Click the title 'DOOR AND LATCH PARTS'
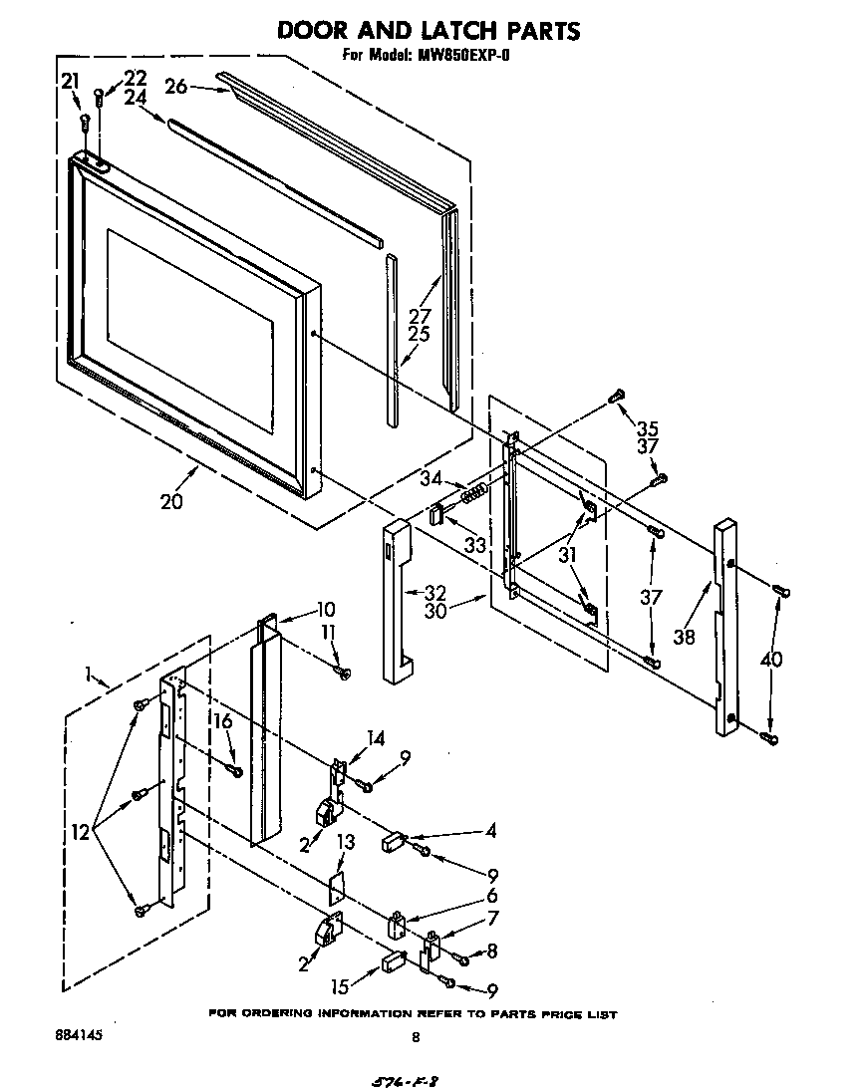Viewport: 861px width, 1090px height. tap(429, 31)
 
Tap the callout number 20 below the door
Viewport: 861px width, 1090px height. tap(171, 501)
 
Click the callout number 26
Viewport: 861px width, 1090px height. tap(176, 87)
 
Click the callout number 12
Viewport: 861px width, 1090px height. tap(84, 830)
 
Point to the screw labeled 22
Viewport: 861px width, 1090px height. tap(99, 98)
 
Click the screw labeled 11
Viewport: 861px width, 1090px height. tap(345, 675)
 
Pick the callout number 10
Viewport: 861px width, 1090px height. tap(325, 610)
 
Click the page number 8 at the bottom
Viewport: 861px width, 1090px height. tap(416, 1037)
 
